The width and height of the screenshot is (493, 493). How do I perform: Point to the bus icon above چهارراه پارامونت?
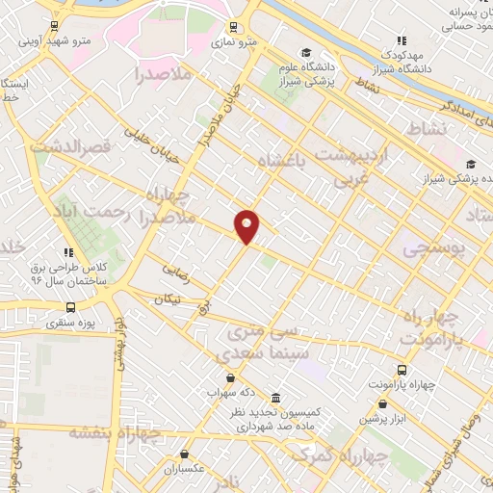click(x=402, y=370)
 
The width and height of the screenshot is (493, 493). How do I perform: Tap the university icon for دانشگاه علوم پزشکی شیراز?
click(x=306, y=53)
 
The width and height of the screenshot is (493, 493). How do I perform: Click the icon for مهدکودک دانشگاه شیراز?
click(x=401, y=40)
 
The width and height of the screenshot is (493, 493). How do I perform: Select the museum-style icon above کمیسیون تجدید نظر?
click(x=276, y=399)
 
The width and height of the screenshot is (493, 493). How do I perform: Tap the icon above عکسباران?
click(x=184, y=454)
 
